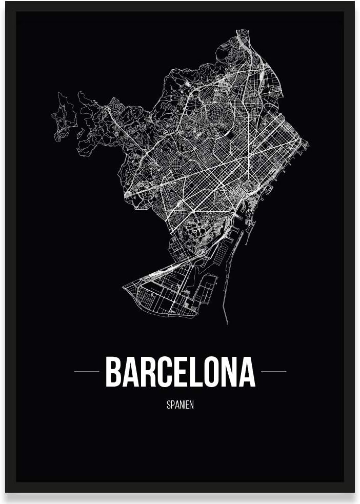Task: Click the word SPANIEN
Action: tap(180, 405)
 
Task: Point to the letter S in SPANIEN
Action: tap(169, 405)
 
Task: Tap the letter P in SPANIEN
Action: tap(173, 405)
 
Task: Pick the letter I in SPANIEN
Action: tap(184, 405)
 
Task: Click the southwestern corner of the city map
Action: tap(124, 287)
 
